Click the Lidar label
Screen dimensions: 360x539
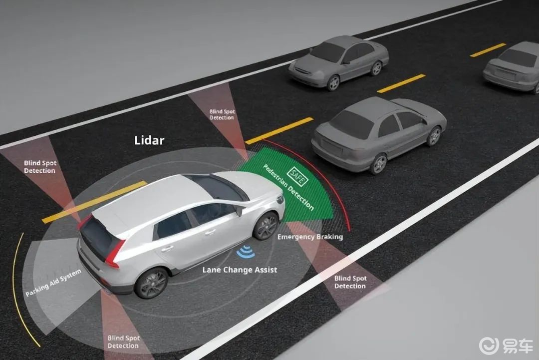pos(149,140)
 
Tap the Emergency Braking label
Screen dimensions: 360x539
pos(310,237)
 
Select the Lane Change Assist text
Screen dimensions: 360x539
pos(240,270)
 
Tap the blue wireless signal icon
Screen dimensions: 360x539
pos(245,253)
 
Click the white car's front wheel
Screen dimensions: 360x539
pos(266,226)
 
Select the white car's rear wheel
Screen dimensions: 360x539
pos(152,283)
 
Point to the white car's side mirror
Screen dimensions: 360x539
pos(240,210)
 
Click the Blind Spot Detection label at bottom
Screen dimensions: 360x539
pos(123,342)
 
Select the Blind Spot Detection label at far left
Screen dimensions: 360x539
pos(40,167)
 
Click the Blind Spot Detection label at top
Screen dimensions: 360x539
pos(222,114)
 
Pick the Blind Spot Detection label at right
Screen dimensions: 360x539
pos(350,282)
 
